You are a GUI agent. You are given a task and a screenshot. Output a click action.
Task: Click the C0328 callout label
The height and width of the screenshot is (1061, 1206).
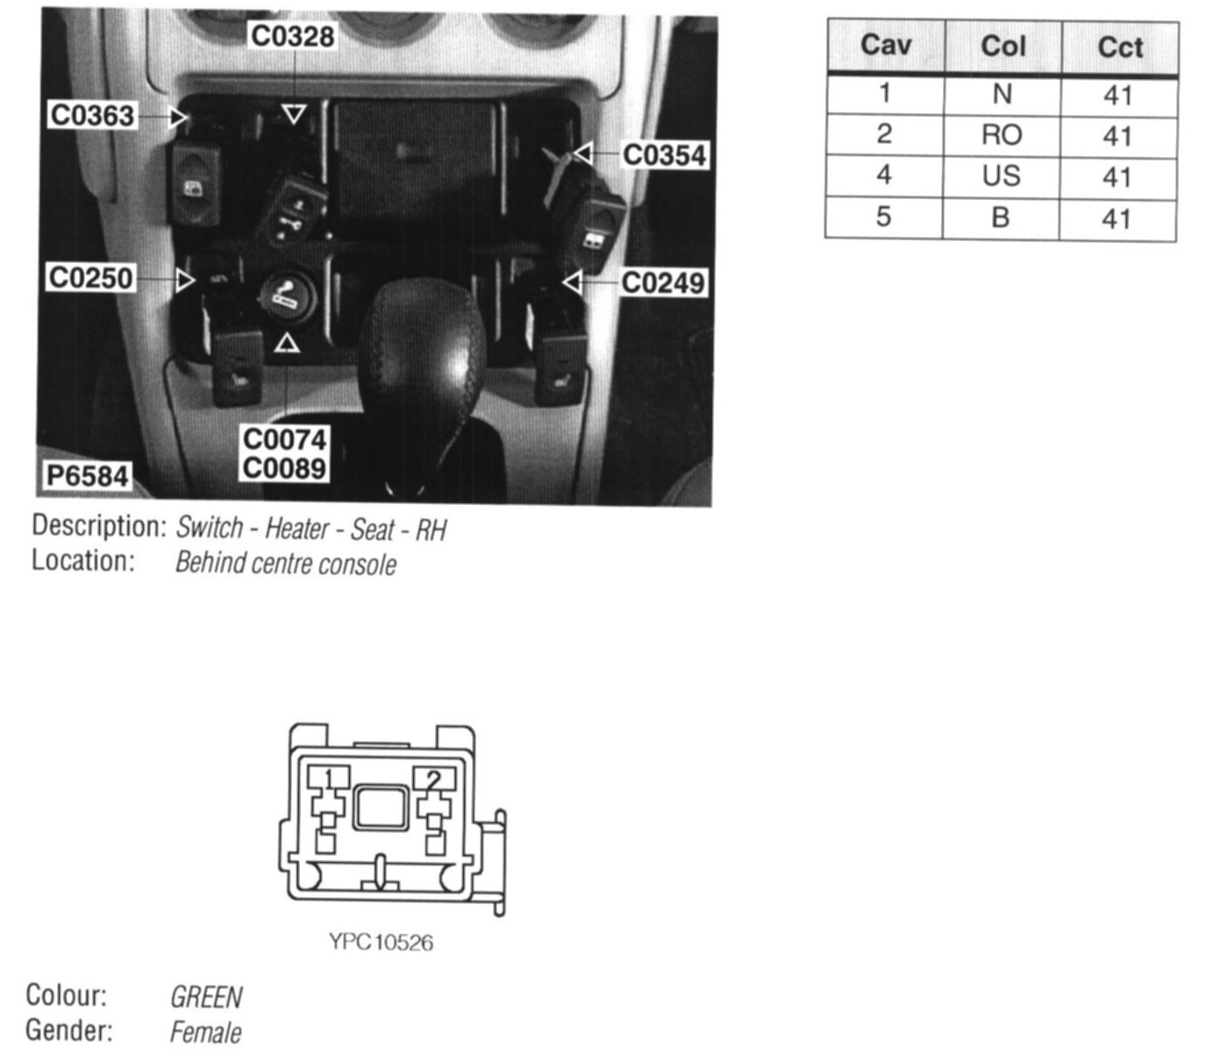click(293, 36)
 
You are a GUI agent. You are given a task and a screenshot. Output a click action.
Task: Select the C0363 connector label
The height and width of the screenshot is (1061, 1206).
click(92, 115)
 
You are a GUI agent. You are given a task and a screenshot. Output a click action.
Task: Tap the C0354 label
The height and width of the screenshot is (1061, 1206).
click(664, 155)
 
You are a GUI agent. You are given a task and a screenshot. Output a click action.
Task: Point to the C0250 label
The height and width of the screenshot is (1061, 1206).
click(90, 278)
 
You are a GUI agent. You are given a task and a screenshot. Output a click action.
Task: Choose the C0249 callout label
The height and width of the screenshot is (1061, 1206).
click(663, 282)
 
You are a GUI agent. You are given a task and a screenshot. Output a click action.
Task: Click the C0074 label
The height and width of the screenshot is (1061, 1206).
click(285, 440)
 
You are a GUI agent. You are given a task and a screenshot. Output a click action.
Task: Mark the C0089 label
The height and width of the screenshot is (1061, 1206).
click(285, 468)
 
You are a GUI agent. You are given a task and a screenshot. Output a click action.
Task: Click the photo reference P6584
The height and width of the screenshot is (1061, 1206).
click(88, 476)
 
